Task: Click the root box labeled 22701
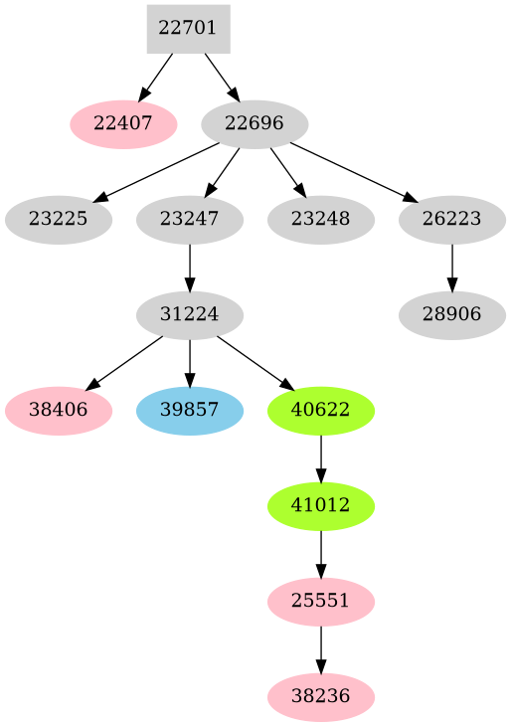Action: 188,29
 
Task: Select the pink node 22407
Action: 123,124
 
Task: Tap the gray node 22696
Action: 255,124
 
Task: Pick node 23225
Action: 58,220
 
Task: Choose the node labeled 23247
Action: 189,220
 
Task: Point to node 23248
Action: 320,220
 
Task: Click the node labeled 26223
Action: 452,220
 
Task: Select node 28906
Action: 452,315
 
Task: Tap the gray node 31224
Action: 189,315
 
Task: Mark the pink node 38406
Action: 58,411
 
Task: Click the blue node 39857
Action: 189,411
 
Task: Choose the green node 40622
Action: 320,411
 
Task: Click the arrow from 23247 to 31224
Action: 189,268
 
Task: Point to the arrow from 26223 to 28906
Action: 452,268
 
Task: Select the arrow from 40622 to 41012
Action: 320,458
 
